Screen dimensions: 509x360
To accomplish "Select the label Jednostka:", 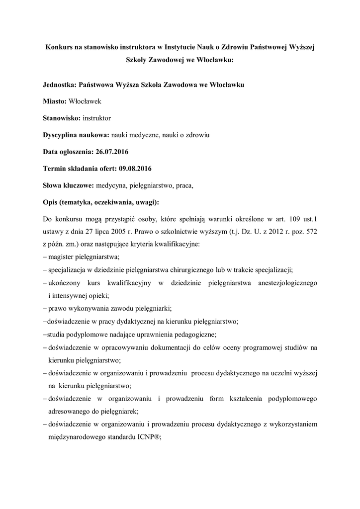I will [61, 85].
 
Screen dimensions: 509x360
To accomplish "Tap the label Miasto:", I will [55, 101].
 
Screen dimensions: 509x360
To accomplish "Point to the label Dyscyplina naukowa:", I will [76, 135].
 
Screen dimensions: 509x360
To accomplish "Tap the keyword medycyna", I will [111, 186].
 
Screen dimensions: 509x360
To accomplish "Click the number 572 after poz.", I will [310, 232].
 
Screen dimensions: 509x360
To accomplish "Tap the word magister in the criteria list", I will [63, 257].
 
